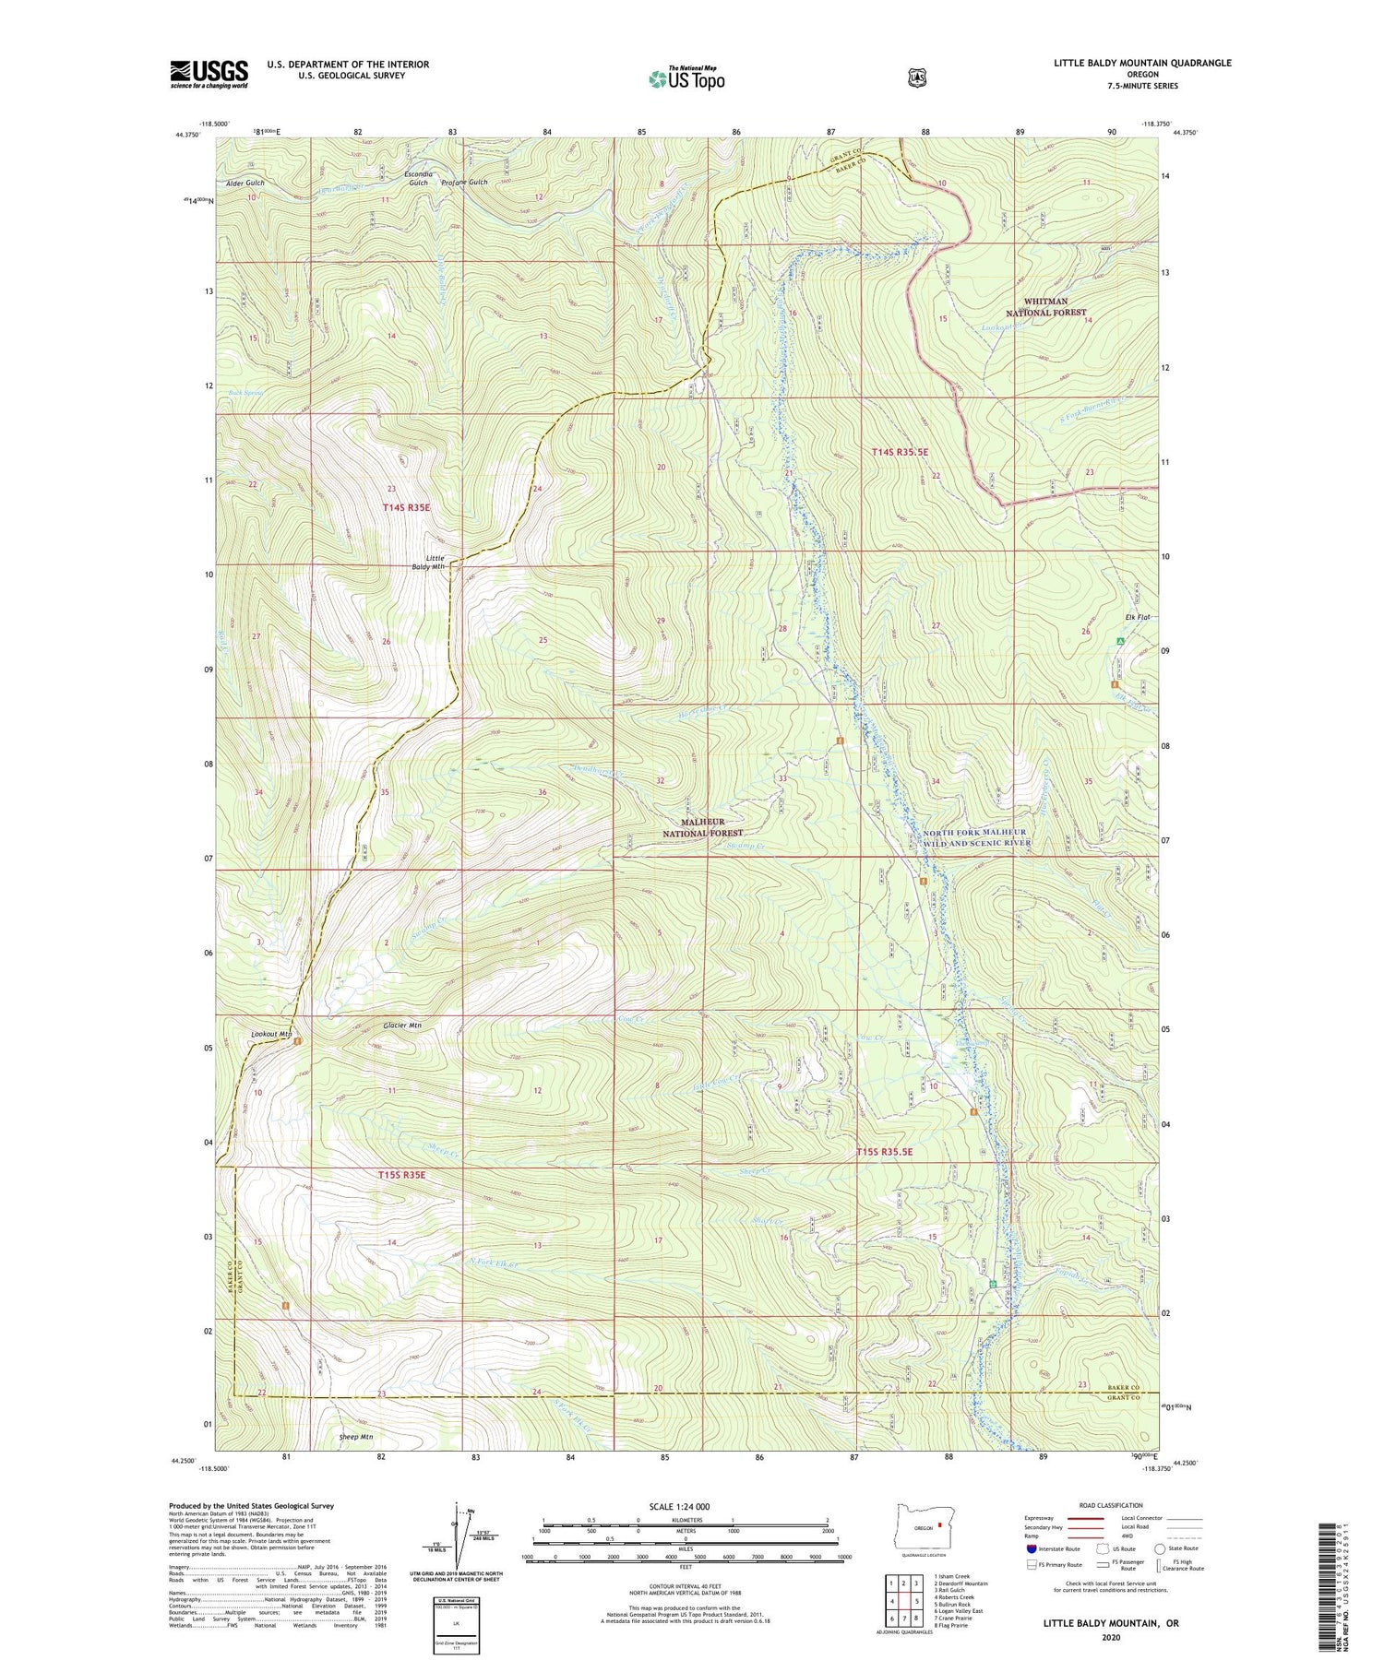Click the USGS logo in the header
pyautogui.click(x=209, y=74)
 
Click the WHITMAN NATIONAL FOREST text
pyautogui.click(x=1045, y=307)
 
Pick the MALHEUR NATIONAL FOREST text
pyautogui.click(x=702, y=826)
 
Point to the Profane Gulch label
pyautogui.click(x=464, y=182)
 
